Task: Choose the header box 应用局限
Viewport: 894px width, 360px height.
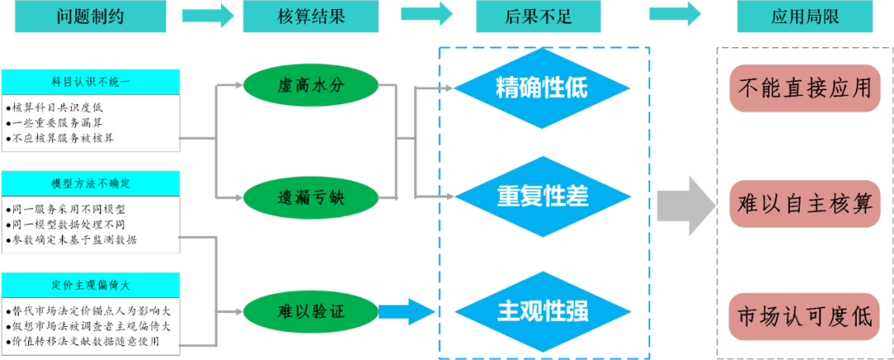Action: pos(805,17)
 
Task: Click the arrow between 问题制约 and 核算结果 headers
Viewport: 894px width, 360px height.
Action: pos(207,14)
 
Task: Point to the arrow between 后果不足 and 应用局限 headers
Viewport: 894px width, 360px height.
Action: pos(675,14)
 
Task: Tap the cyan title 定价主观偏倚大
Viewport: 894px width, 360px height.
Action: pos(90,284)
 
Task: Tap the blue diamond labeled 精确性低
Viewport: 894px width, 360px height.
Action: pos(542,88)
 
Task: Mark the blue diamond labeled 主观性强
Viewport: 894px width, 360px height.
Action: pos(542,311)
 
